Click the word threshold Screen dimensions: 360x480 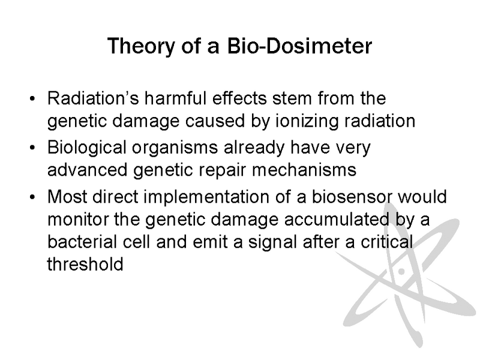85,264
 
